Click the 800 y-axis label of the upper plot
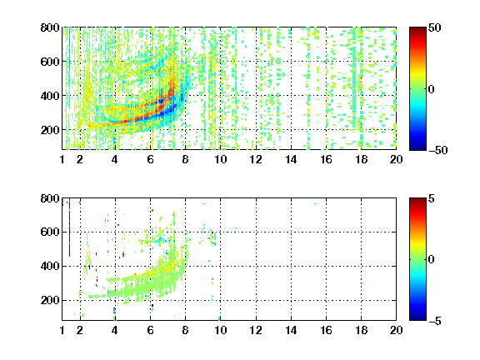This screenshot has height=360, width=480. (50, 27)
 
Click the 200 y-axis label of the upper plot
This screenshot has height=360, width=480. (50, 130)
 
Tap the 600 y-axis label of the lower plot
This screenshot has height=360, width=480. (50, 232)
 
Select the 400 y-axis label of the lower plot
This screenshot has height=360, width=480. (50, 266)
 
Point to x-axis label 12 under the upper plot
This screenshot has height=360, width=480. (256, 159)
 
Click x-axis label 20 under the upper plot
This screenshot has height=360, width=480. (396, 159)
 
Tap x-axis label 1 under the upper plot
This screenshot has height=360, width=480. (62, 159)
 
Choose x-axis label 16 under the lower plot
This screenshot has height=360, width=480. (326, 330)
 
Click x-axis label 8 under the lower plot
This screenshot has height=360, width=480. (185, 330)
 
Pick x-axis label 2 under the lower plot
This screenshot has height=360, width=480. (80, 330)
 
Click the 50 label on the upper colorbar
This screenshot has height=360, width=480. (434, 27)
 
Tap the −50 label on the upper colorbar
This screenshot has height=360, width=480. (437, 150)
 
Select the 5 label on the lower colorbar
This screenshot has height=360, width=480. (432, 198)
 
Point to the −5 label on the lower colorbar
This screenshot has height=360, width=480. (435, 321)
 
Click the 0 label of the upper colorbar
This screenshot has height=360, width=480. (432, 89)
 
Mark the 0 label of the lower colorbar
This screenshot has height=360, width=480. (432, 260)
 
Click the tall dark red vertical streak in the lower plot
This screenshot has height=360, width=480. (69, 227)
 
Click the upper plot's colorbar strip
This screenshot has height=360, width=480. (417, 89)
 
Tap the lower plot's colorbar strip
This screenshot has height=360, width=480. (417, 259)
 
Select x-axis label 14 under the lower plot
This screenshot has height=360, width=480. (291, 330)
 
